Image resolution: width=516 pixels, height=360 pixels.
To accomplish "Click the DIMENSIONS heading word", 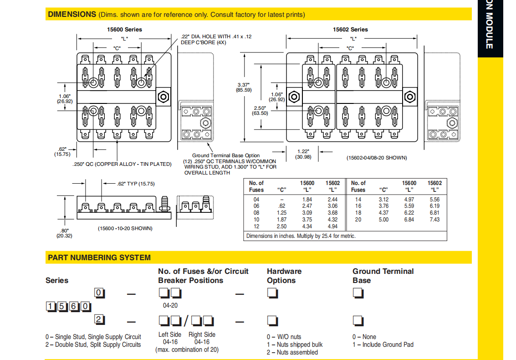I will (x=72, y=14).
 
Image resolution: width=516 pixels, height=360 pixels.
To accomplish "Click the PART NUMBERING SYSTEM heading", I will (x=99, y=257).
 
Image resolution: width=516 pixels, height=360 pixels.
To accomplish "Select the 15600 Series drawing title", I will (x=124, y=29).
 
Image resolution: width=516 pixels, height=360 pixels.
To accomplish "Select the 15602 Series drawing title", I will (x=350, y=29).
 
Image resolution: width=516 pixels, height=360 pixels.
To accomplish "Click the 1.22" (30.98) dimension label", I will (x=303, y=154).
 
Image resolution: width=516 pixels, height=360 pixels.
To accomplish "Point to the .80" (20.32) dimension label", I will (x=64, y=233).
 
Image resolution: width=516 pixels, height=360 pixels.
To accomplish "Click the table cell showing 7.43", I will (x=434, y=220).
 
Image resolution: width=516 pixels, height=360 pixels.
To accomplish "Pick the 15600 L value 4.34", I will (x=307, y=226).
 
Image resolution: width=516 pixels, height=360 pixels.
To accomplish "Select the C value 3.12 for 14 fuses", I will (x=383, y=200).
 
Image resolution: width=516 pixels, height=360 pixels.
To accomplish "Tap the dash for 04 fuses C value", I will (x=281, y=200).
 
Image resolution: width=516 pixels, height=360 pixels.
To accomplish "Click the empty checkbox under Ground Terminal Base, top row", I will (x=358, y=293).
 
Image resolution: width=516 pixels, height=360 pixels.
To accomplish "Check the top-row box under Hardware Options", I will (x=272, y=293).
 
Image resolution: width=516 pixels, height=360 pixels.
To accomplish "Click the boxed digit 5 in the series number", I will (x=62, y=307).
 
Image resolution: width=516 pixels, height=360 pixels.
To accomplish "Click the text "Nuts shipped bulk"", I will (x=297, y=345).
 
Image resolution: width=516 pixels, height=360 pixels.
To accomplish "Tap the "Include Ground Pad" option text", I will (x=388, y=345).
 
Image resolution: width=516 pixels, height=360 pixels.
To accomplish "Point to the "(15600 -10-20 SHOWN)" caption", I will (x=125, y=228).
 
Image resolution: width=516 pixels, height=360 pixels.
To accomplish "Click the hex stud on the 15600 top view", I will (x=163, y=97).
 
